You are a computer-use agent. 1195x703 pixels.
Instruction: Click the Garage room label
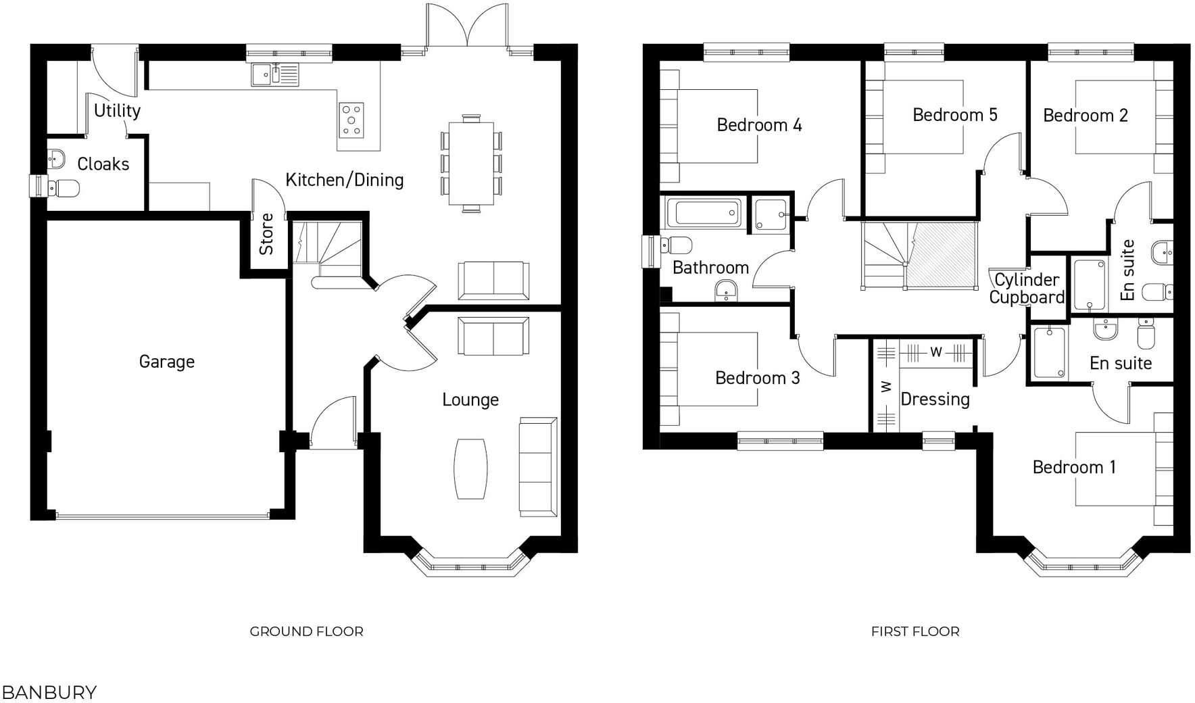point(166,362)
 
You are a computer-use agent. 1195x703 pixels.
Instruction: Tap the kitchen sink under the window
point(274,74)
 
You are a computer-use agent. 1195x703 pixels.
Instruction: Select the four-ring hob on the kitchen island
point(351,120)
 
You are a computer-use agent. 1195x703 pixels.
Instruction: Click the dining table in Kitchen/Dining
point(471,164)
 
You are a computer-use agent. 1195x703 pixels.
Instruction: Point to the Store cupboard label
point(266,234)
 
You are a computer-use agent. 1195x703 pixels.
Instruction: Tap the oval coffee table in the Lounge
point(470,468)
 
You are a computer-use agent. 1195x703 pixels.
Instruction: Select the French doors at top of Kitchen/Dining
point(467,27)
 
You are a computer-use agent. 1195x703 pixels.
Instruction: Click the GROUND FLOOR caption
point(306,631)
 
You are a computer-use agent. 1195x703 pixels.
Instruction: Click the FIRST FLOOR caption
point(914,631)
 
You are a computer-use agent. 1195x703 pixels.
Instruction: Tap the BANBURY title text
point(49,692)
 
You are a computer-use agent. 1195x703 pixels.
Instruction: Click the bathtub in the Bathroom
point(704,214)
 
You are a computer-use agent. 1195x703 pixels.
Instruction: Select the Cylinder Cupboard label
point(1026,289)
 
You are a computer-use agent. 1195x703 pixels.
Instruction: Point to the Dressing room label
point(935,399)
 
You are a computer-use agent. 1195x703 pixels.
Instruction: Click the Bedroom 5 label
point(954,115)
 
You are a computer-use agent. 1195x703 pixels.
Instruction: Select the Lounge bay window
point(470,564)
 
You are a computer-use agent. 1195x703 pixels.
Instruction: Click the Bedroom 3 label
point(757,378)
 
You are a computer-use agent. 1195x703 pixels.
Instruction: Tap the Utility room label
point(117,110)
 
